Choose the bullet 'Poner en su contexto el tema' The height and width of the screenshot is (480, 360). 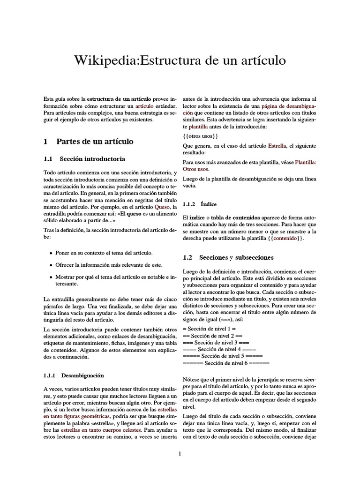(104, 253)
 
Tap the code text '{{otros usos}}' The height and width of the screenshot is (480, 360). (200, 136)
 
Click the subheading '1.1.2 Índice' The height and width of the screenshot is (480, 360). (201, 204)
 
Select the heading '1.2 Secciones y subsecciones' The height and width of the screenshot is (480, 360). (227, 257)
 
